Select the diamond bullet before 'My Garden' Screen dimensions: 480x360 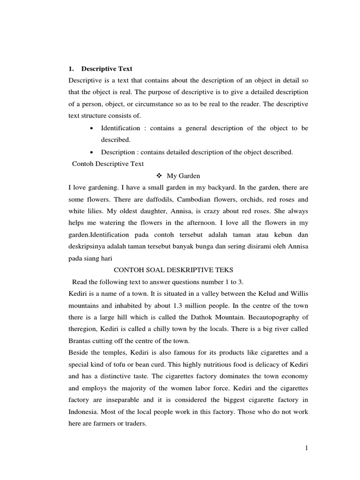point(158,176)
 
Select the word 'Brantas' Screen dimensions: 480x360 point(80,340)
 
